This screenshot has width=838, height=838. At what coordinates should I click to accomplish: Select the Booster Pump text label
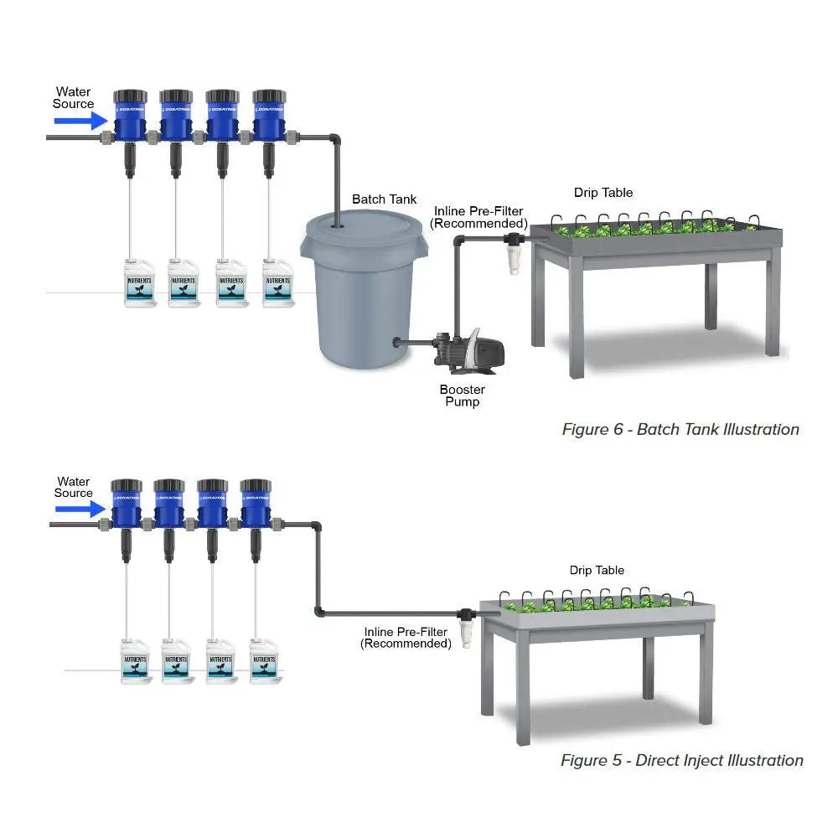[x=462, y=396]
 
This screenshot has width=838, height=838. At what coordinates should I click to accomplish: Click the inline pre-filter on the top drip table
[x=513, y=254]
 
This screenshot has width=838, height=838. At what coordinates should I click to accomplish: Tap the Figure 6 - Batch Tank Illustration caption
[x=680, y=430]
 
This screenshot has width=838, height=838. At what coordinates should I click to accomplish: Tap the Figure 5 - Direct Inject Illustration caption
[x=681, y=761]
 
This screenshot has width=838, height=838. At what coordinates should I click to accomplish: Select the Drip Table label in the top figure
[x=603, y=193]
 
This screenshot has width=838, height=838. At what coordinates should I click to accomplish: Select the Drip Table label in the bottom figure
[x=597, y=571]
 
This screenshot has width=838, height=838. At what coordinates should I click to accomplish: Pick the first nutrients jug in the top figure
[x=140, y=283]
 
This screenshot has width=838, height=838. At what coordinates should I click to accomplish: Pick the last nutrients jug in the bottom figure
[x=265, y=662]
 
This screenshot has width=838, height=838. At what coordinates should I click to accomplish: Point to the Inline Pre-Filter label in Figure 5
[x=406, y=638]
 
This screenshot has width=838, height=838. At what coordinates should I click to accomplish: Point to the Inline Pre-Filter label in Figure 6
[x=478, y=218]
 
